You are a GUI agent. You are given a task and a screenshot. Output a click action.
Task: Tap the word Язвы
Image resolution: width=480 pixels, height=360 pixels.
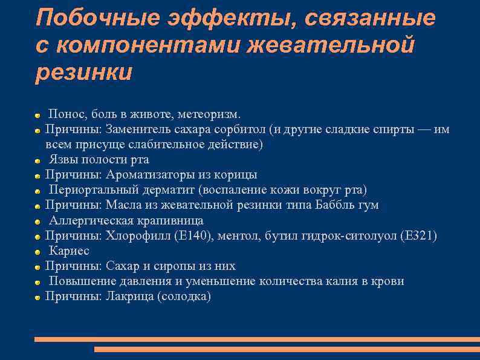coord(63,160)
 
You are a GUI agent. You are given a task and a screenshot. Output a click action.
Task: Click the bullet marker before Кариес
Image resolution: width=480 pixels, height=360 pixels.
coord(37,251)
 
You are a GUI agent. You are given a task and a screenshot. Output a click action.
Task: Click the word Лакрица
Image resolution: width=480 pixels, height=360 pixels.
coord(128,296)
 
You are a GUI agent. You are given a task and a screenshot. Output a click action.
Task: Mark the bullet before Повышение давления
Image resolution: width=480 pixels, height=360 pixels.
coord(37,281)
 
